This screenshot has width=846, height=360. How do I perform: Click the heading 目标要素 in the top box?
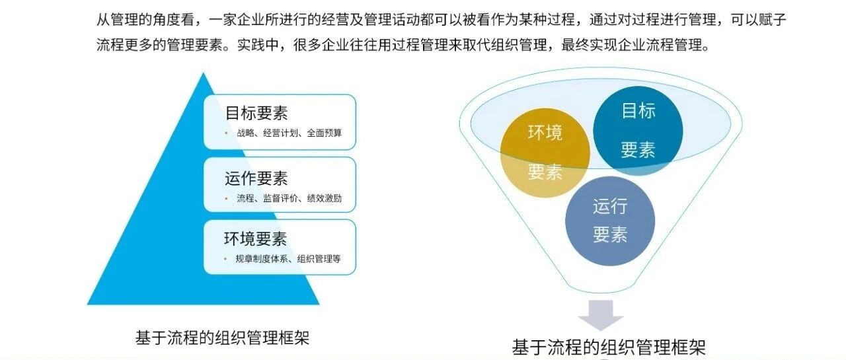tap(256, 113)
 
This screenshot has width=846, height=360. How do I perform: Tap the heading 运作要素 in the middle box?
tap(256, 178)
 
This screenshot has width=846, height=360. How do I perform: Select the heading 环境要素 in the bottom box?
tap(256, 238)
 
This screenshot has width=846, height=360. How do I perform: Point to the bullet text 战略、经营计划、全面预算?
tap(289, 133)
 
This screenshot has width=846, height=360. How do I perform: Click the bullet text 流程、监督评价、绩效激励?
tap(289, 198)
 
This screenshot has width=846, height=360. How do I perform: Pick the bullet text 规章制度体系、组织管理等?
tap(288, 258)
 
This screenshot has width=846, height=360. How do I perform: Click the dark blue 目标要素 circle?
tap(638, 131)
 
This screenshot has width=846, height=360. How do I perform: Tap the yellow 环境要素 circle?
tap(545, 153)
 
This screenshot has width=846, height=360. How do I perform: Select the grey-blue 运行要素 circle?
tap(610, 221)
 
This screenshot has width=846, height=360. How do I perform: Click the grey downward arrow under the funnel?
tap(601, 315)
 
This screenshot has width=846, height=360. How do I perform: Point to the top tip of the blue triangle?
tap(203, 73)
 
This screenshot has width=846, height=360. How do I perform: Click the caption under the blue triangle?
tap(223, 338)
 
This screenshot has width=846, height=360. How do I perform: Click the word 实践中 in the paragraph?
tap(258, 45)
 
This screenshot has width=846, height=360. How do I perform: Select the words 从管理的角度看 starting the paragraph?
tap(145, 20)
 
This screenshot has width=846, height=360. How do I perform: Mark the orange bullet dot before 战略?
tap(226, 133)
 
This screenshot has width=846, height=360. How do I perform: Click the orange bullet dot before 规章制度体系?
tap(225, 258)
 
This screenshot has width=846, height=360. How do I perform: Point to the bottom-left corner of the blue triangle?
tap(88, 304)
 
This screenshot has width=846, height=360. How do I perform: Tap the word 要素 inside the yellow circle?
tap(545, 172)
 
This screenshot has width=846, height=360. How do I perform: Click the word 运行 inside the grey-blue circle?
tap(610, 206)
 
